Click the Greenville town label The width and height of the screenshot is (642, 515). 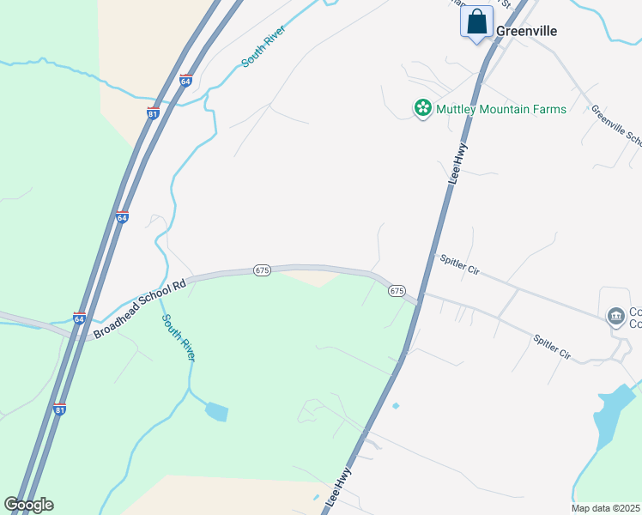527,31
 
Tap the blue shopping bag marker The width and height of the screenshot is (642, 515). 476,21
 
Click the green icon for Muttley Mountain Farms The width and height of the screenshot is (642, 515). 422,108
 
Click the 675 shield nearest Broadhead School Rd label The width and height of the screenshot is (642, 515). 263,270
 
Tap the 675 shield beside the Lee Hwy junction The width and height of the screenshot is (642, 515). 397,291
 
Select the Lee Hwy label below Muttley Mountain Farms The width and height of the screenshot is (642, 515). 460,162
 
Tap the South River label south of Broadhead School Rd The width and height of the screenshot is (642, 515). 179,336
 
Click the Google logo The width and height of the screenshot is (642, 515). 28,505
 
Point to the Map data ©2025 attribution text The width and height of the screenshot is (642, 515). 605,508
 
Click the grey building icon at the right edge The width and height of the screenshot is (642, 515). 615,317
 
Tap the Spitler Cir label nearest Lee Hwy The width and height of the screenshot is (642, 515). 459,264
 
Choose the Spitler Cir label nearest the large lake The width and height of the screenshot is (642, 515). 552,346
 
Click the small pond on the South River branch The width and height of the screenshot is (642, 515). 216,412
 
